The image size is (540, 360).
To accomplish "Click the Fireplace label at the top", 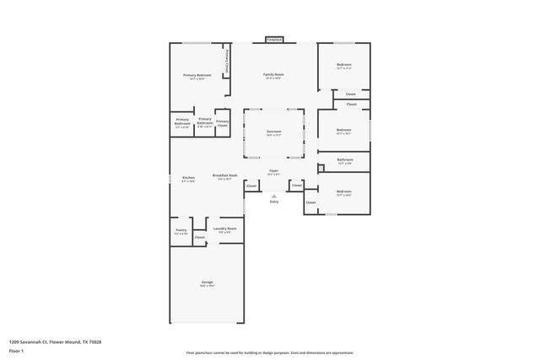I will pyautogui.click(x=274, y=39).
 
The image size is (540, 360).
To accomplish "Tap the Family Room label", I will pyautogui.click(x=274, y=75).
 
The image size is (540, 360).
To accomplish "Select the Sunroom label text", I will pyautogui.click(x=274, y=132).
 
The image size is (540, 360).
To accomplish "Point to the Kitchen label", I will pyautogui.click(x=188, y=177).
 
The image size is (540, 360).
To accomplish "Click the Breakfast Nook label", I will pyautogui.click(x=224, y=175).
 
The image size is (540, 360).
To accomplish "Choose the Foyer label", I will pyautogui.click(x=274, y=171).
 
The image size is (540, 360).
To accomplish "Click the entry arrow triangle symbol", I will pyautogui.click(x=273, y=196).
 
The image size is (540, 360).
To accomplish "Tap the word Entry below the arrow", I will pyautogui.click(x=273, y=202).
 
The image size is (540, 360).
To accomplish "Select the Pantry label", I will pyautogui.click(x=181, y=228).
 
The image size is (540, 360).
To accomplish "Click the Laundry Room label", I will pyautogui.click(x=224, y=228).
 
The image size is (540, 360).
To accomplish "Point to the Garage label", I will pyautogui.click(x=207, y=282).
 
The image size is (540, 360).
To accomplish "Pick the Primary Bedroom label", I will pyautogui.click(x=197, y=75).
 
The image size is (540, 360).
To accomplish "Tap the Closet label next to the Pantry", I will pyautogui.click(x=199, y=237).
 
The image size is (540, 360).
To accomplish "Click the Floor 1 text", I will pyautogui.click(x=17, y=350).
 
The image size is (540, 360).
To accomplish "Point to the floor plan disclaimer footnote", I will pyautogui.click(x=270, y=352).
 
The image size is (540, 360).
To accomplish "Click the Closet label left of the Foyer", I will pyautogui.click(x=251, y=185).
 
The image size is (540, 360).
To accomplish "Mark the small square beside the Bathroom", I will pyautogui.click(x=321, y=169).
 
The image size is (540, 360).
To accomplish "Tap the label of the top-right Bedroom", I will pyautogui.click(x=344, y=65).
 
